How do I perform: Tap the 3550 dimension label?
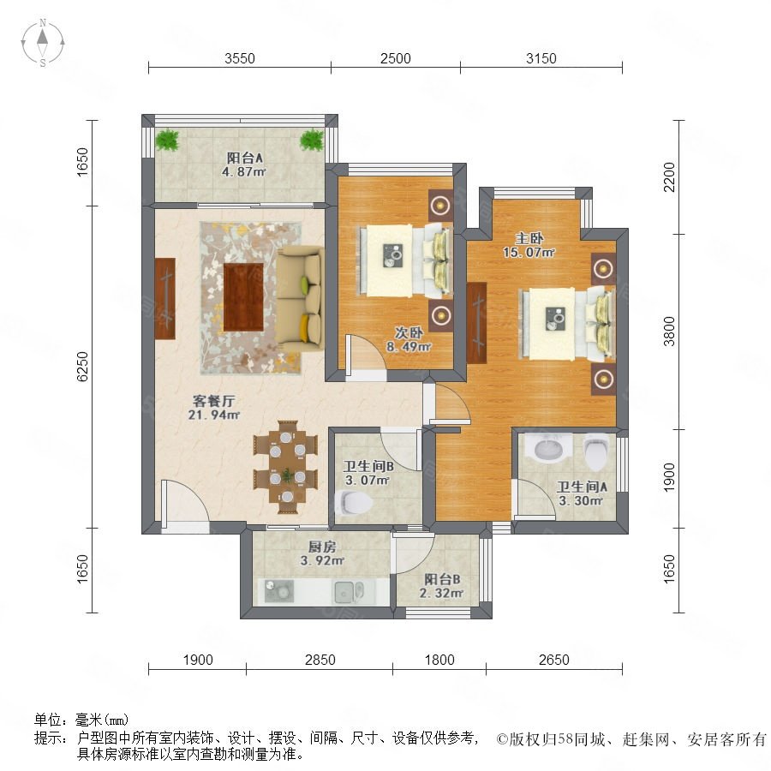[240, 58]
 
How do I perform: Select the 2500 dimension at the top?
[395, 58]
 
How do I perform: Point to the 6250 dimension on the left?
[82, 367]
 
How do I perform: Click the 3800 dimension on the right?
[669, 332]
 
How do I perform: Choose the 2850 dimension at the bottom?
[320, 660]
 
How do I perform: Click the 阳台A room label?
[244, 158]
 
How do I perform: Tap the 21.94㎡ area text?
[214, 415]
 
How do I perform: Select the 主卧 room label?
[529, 238]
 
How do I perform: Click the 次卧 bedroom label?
[409, 333]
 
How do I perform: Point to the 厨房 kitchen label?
[322, 547]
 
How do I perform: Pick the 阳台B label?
[442, 579]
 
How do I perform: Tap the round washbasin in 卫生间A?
[547, 447]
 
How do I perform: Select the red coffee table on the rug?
[243, 297]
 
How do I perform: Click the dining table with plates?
[287, 467]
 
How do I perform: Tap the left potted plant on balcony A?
[167, 140]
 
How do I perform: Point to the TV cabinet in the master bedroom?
[477, 323]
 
